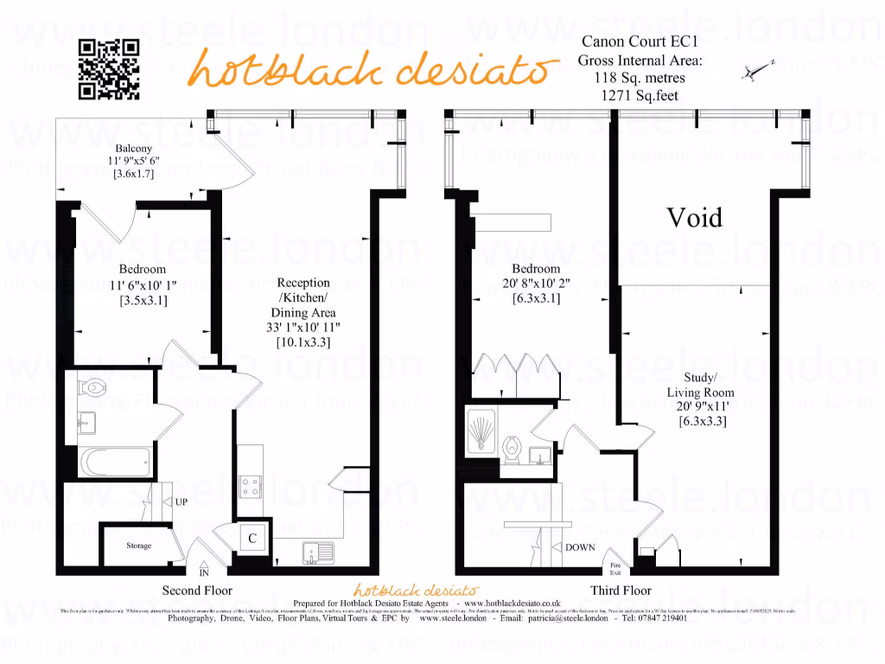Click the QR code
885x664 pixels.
(109, 70)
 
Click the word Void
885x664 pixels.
(694, 217)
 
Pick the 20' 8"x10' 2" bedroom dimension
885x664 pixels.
(536, 284)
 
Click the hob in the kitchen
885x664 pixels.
(251, 488)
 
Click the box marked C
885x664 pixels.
(252, 538)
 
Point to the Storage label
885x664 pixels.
(139, 546)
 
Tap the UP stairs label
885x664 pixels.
(181, 501)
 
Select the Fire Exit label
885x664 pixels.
(615, 570)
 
